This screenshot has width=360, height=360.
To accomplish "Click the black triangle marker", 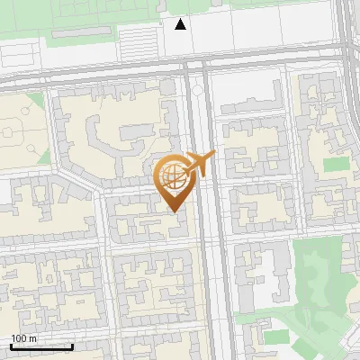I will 181,24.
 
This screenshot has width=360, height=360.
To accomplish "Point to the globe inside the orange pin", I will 173,175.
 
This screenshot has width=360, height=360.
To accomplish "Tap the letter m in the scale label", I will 33,338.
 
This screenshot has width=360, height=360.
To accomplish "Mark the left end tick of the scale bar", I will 11,346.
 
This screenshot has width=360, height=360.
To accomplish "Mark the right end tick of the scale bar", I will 72,346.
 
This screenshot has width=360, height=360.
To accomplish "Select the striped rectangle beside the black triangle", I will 139,40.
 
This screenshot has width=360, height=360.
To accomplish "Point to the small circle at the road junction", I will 197,91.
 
